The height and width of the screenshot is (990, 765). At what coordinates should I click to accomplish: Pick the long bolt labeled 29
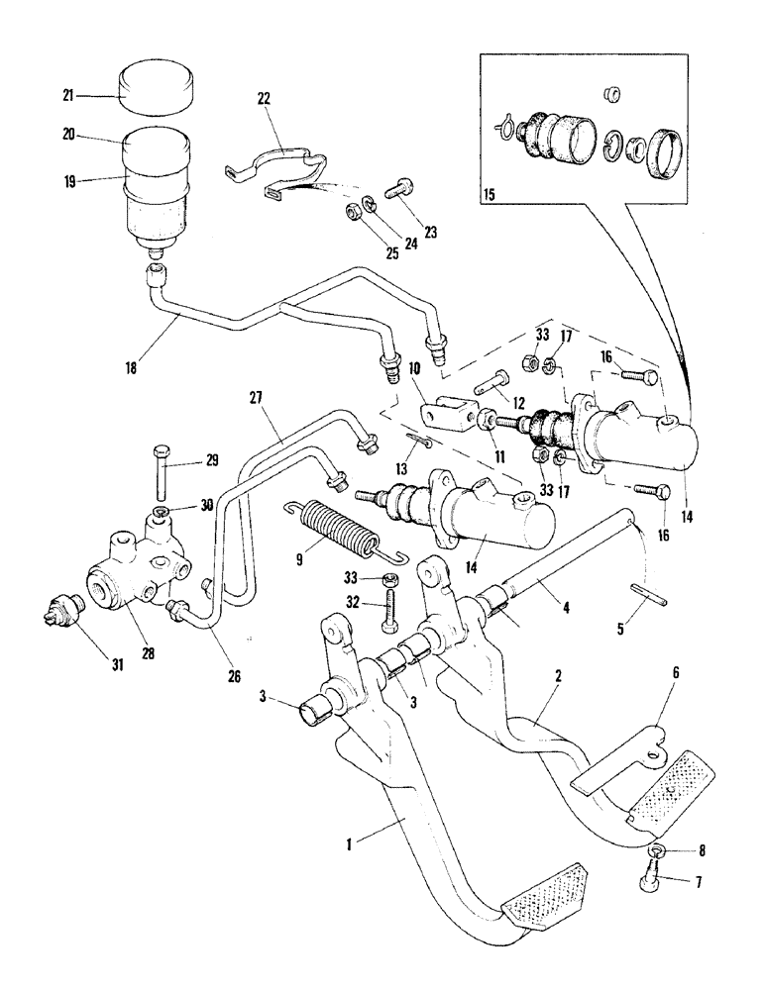pos(159,473)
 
